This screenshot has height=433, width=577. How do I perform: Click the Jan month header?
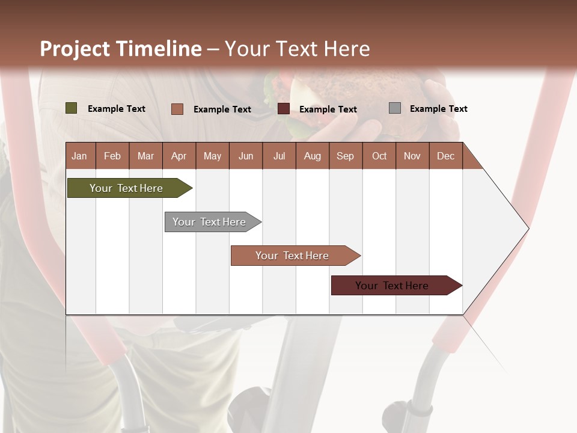click(x=79, y=156)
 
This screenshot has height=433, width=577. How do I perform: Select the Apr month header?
click(x=179, y=156)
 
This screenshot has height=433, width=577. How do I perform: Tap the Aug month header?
click(x=312, y=156)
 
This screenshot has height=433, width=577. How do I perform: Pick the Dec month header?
click(x=445, y=156)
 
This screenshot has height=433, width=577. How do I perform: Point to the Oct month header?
click(x=379, y=156)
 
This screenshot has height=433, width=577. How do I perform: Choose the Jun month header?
click(x=245, y=156)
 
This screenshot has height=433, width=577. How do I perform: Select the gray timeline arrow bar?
click(x=210, y=222)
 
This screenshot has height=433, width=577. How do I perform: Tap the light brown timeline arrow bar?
click(x=293, y=256)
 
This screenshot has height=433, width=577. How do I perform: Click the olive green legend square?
click(x=71, y=108)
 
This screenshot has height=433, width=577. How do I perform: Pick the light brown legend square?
click(x=177, y=109)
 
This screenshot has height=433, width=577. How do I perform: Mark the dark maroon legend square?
click(x=283, y=109)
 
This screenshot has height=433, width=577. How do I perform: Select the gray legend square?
click(x=394, y=108)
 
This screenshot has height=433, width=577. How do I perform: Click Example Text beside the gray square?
click(x=438, y=109)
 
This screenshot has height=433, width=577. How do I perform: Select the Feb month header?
click(x=112, y=156)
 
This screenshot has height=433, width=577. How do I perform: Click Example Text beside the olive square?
click(x=117, y=109)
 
